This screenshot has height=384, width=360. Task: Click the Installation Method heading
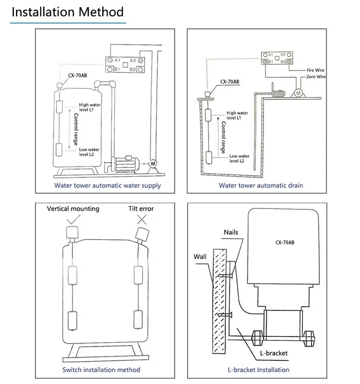tap(68, 12)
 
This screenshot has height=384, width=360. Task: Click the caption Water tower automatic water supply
tap(108, 185)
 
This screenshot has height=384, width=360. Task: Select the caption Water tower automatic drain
tap(261, 185)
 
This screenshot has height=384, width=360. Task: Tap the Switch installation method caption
tap(101, 370)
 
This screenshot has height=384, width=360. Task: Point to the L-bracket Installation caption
tap(258, 370)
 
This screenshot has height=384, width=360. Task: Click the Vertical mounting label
tap(73, 209)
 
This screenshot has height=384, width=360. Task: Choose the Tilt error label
tap(141, 209)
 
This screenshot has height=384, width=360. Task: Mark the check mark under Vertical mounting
tap(73, 219)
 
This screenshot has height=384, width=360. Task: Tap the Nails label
tap(231, 232)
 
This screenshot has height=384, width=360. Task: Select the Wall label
tap(200, 257)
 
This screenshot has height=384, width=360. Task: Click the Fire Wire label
tap(316, 70)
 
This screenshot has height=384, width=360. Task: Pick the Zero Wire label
tap(316, 76)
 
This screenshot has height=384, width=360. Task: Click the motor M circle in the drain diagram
tap(298, 93)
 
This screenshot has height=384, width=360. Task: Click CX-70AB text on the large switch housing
tap(285, 242)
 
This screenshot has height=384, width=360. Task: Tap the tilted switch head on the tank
tap(143, 234)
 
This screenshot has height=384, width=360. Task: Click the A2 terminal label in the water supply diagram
tap(133, 60)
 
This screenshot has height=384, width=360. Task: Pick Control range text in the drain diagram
tap(223, 137)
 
